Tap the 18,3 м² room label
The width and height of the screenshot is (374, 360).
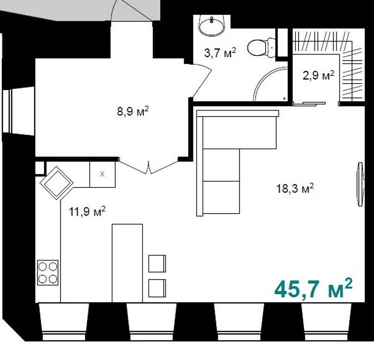pyautogui.click(x=295, y=188)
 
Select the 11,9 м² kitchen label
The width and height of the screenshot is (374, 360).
pyautogui.click(x=87, y=211)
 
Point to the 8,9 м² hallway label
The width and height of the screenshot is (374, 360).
pyautogui.click(x=133, y=111)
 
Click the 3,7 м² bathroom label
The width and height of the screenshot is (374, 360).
pyautogui.click(x=220, y=52)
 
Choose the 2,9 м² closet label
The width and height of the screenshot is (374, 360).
pyautogui.click(x=318, y=75)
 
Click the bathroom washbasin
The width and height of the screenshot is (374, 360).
pyautogui.click(x=212, y=26)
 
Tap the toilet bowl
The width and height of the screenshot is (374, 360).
pyautogui.click(x=261, y=47)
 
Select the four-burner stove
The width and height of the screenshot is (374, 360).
pyautogui.click(x=48, y=272)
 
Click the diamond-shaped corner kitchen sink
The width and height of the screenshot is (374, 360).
pyautogui.click(x=57, y=183)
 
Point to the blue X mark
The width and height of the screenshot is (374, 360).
pyautogui.click(x=102, y=174)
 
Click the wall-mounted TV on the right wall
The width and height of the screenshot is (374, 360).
pyautogui.click(x=360, y=184)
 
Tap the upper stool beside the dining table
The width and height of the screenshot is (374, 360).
pyautogui.click(x=157, y=264)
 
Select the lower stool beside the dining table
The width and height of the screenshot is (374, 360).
pyautogui.click(x=157, y=288)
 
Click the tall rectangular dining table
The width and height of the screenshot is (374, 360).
pyautogui.click(x=128, y=263)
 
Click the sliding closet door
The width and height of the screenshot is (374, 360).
pyautogui.click(x=309, y=104)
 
